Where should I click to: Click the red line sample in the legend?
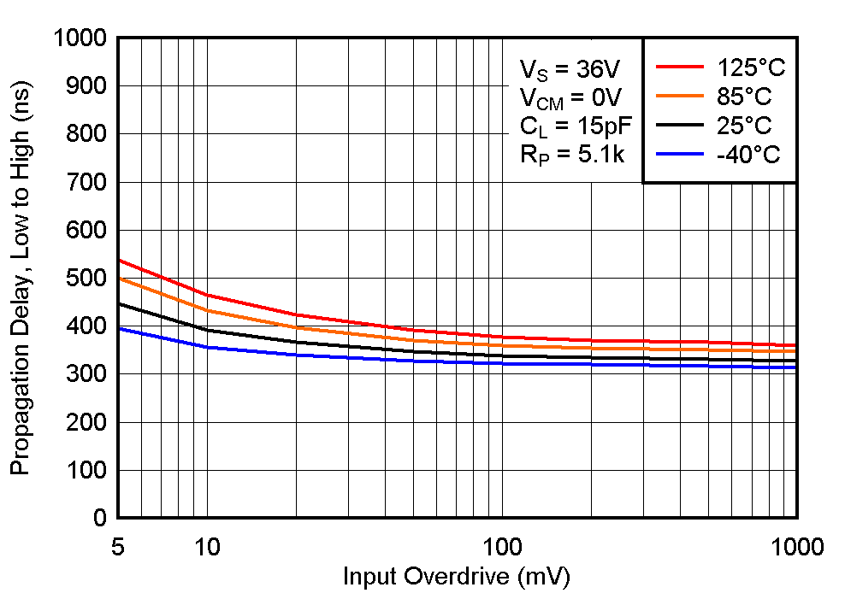point(676,67)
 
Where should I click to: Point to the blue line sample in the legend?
point(676,155)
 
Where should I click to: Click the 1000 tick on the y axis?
point(80,38)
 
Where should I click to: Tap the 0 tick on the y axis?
point(99,518)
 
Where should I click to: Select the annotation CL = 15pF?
point(575,127)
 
